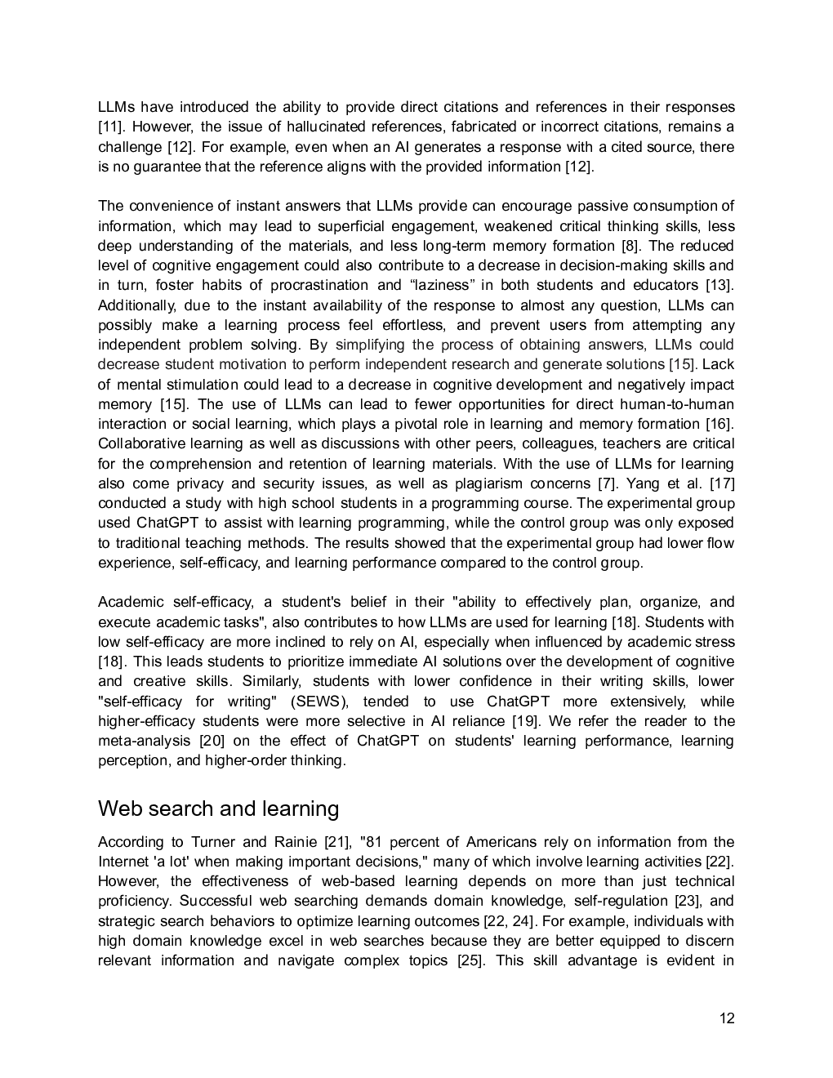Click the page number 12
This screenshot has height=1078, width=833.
pos(727,1018)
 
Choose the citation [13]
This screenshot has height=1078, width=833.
pos(719,285)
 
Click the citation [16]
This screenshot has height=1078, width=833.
pos(719,424)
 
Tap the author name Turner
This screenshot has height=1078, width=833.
pos(212,842)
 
